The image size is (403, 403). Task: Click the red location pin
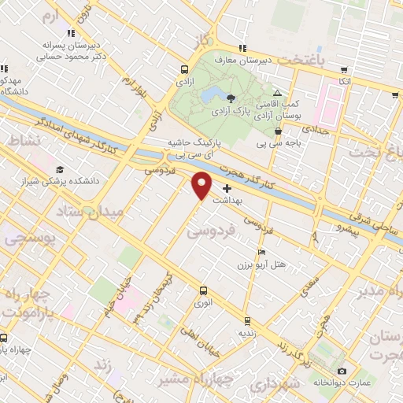(202, 185)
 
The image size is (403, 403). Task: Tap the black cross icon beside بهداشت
(227, 188)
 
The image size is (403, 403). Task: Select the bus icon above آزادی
(183, 68)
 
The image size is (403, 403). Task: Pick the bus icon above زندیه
(247, 320)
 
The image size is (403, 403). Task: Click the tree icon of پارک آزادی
(230, 98)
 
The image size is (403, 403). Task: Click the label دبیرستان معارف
(266, 58)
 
